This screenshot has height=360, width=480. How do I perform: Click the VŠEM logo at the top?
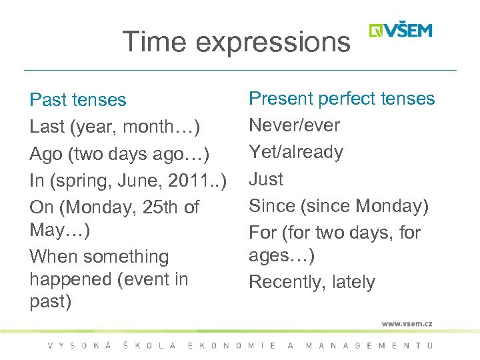click(x=401, y=31)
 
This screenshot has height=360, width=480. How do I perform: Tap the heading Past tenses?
click(x=77, y=100)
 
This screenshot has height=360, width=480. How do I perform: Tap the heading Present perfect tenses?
click(x=341, y=99)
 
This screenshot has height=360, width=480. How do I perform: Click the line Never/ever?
click(x=294, y=125)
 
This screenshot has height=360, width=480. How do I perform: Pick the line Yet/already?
click(x=296, y=153)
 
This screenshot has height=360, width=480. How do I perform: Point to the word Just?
click(x=266, y=179)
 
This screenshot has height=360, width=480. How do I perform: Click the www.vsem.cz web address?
click(x=407, y=323)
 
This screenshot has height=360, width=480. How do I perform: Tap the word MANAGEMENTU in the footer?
click(x=369, y=345)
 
